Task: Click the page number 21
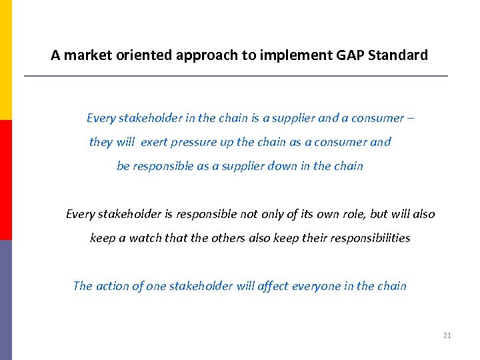[x=447, y=335]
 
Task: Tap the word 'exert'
[x=154, y=142]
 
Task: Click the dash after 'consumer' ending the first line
[x=410, y=119]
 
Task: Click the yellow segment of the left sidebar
[x=6, y=60]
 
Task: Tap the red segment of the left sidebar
[x=6, y=180]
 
